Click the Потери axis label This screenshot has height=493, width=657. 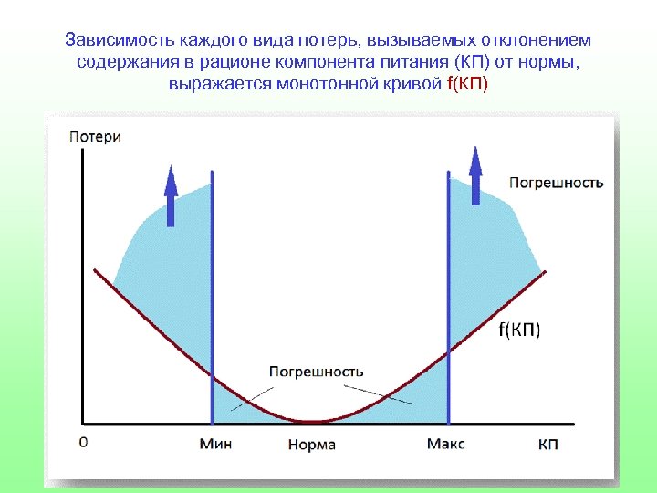[95, 137]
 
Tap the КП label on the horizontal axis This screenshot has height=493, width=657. [547, 444]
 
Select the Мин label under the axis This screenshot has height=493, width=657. [215, 444]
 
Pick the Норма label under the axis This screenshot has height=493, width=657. [312, 445]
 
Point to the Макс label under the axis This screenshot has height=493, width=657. [445, 444]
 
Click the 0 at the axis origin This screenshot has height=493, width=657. [84, 442]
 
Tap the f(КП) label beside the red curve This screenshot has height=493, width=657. [520, 330]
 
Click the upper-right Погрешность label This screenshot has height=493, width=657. [556, 183]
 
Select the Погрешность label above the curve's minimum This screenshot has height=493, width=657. [317, 372]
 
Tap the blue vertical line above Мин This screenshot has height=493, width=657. [212, 292]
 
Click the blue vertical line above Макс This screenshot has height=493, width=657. [449, 292]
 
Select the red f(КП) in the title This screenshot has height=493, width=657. [467, 85]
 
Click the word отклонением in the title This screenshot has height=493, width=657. [537, 41]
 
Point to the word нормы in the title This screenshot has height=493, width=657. [550, 63]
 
